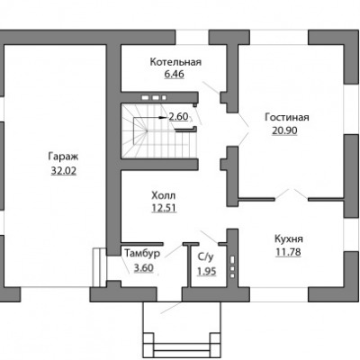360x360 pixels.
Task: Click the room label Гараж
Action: pos(63,157)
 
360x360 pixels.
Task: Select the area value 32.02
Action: pos(64,171)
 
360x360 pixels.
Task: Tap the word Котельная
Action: pos(175,62)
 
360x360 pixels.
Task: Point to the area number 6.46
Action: pos(174,74)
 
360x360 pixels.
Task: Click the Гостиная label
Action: pos(287,117)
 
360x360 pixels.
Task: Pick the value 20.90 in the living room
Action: pos(284,130)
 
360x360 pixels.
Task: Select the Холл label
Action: pos(164,196)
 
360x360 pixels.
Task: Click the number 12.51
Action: pos(164,208)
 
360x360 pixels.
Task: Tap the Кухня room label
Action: pos(289,239)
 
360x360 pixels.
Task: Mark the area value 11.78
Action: pos(288,252)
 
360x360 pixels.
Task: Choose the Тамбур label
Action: pos(142,254)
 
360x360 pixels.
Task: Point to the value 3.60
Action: pos(144,267)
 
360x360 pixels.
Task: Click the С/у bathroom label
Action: pos(205,257)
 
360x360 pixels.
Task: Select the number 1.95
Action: pos(207,271)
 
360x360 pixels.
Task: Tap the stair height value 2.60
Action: pos(178,116)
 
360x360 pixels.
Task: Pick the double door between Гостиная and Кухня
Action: pos(292,194)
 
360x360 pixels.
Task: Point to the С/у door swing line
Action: pos(209,237)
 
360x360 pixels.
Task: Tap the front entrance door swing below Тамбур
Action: pos(170,308)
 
